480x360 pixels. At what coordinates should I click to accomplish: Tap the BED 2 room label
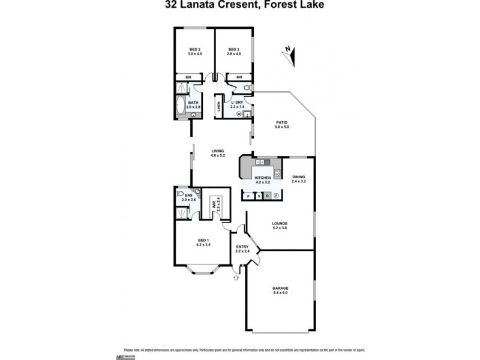tap(194, 49)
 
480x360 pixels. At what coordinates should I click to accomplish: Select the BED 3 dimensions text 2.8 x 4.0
tap(233, 54)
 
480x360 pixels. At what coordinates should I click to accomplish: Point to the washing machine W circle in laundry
tap(239, 114)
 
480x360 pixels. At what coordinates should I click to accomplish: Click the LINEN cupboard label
tap(219, 107)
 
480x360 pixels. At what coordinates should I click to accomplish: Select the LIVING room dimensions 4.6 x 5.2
tap(217, 155)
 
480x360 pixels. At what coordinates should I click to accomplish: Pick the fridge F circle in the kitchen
tap(276, 196)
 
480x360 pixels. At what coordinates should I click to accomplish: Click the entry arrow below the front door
tap(235, 277)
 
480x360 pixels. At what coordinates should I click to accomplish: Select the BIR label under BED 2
tap(188, 77)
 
